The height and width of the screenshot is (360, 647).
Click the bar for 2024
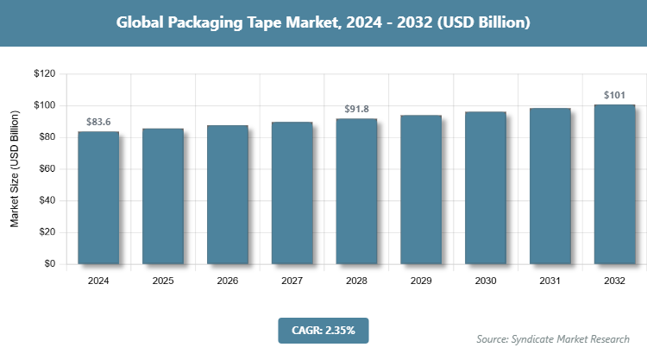98,198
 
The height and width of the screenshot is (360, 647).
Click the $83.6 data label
98,122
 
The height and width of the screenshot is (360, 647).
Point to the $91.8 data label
356,109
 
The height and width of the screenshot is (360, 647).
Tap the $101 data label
614,94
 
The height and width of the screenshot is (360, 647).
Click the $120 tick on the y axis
44,74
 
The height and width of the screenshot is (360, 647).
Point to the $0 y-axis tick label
49,264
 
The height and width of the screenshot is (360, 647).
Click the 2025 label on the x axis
163,281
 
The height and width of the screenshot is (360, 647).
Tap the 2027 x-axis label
292,281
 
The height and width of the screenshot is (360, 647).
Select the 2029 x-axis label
421,281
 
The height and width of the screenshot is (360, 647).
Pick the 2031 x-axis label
550,281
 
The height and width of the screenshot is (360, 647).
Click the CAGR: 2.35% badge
323,330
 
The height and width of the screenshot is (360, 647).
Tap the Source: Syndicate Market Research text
553,338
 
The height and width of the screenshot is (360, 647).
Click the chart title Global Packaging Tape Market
323,23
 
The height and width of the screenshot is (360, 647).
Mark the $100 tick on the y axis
44,105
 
